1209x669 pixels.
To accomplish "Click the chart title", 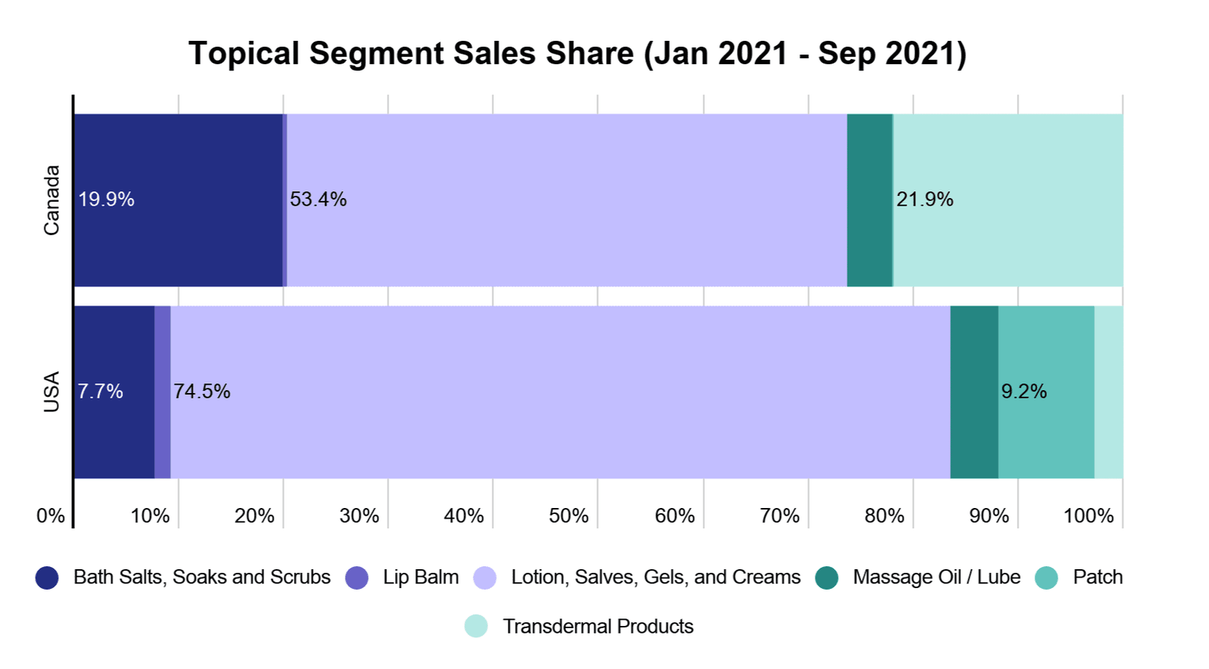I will pyautogui.click(x=577, y=54).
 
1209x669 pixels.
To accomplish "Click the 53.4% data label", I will pyautogui.click(x=318, y=200).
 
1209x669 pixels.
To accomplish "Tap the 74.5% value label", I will pyautogui.click(x=202, y=392).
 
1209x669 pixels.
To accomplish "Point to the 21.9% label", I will pyautogui.click(x=925, y=200).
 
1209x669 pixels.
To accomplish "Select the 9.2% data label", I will pyautogui.click(x=1024, y=392).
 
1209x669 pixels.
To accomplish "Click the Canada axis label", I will pyautogui.click(x=51, y=200).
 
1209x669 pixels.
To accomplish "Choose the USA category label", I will pyautogui.click(x=51, y=392).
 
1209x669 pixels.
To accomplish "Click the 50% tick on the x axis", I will pyautogui.click(x=568, y=516).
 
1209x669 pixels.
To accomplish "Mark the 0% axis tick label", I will pyautogui.click(x=51, y=516).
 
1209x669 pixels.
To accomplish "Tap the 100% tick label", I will pyautogui.click(x=1088, y=516).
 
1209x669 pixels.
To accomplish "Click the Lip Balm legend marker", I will pyautogui.click(x=357, y=578).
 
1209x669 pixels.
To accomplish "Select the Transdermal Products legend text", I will pyautogui.click(x=598, y=627).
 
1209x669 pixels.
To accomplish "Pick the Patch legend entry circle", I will pyautogui.click(x=1047, y=578).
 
